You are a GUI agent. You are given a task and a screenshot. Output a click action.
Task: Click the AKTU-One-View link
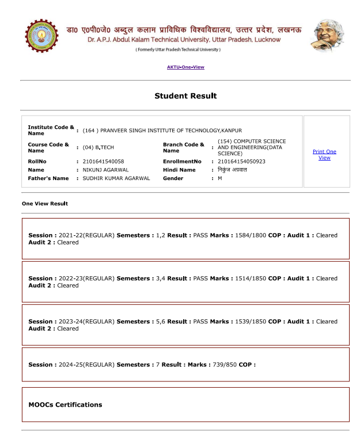(185, 67)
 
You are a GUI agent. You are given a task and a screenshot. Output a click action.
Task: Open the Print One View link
(324, 154)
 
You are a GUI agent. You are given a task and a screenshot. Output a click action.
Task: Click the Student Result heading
(185, 96)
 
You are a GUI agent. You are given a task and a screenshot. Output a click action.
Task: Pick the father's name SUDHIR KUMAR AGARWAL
(116, 178)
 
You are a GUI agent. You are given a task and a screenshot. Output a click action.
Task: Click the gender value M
(220, 178)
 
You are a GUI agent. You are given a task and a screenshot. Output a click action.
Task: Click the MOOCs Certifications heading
(65, 404)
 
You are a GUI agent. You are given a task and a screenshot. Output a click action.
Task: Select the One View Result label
(45, 204)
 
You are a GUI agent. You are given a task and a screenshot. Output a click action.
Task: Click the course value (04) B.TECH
(98, 148)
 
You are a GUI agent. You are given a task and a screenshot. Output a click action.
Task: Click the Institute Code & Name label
(51, 130)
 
